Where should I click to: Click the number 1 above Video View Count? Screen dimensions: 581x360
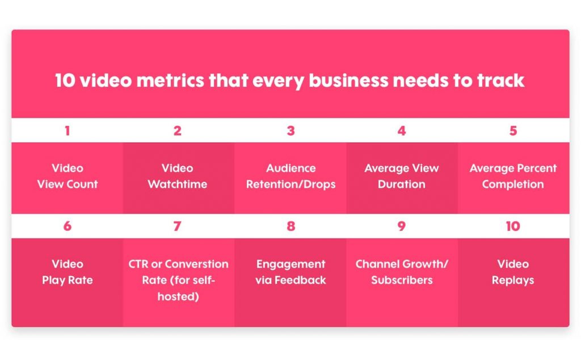click(67, 131)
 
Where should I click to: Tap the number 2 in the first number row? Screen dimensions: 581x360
click(178, 131)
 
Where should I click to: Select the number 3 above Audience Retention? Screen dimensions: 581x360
click(291, 131)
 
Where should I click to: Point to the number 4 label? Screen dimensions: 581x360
click(402, 131)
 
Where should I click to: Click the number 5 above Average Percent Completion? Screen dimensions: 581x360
click(513, 131)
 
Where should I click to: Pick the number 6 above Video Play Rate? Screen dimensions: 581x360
click(67, 226)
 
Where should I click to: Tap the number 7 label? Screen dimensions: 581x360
click(178, 226)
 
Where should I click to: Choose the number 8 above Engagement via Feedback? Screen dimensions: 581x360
click(291, 226)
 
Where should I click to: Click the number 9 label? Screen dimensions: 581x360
click(402, 226)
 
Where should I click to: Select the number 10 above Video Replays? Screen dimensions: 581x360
click(513, 226)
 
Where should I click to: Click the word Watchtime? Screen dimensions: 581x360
click(178, 184)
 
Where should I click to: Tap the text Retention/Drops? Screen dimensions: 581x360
click(291, 184)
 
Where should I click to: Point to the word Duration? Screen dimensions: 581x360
click(402, 184)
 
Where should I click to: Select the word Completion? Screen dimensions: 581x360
click(513, 184)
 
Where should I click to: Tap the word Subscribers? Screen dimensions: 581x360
click(402, 280)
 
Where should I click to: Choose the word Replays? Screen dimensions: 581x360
click(513, 281)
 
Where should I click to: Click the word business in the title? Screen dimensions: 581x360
click(348, 81)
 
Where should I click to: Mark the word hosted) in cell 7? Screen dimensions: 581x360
click(178, 297)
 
